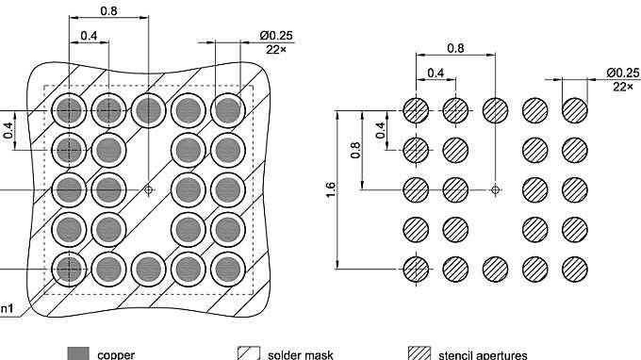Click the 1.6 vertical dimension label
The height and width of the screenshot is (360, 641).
(x=329, y=190)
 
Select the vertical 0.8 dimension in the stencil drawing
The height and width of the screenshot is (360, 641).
(x=355, y=150)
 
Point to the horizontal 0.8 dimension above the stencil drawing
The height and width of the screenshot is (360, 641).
(x=455, y=47)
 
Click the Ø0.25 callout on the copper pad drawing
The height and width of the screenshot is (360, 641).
(x=276, y=35)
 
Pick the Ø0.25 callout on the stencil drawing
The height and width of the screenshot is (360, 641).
(x=623, y=73)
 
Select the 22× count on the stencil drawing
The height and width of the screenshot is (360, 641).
(x=623, y=86)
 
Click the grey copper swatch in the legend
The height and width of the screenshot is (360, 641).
(x=78, y=353)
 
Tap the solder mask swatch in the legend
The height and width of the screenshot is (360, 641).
(x=248, y=353)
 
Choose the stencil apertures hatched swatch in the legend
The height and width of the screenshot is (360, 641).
(x=419, y=353)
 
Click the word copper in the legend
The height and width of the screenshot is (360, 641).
(x=116, y=354)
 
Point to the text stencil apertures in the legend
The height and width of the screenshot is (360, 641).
(x=483, y=354)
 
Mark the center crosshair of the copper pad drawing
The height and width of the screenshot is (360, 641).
(x=147, y=189)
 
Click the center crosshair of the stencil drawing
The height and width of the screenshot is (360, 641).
(x=495, y=189)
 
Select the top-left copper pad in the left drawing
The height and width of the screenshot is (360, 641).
(x=68, y=110)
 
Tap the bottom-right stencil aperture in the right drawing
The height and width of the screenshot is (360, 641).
(x=574, y=269)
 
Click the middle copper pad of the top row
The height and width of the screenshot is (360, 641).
(x=147, y=110)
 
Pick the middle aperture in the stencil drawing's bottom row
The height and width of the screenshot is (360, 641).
(x=495, y=269)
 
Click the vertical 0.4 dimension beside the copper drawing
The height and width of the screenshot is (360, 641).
(x=8, y=129)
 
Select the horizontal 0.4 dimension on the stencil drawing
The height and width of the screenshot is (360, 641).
(x=436, y=73)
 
